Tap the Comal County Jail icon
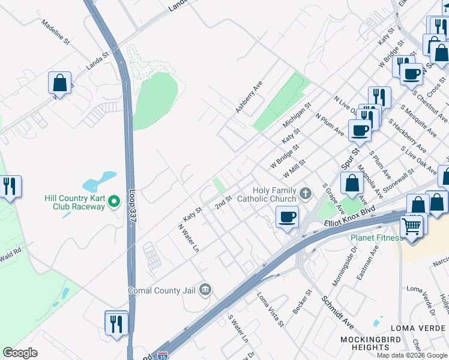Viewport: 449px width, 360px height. (205, 290)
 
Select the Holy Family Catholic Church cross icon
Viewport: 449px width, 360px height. (306, 193)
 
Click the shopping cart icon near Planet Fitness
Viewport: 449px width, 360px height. (411, 226)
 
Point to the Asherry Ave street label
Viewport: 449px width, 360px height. (249, 98)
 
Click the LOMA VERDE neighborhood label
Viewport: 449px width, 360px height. (417, 328)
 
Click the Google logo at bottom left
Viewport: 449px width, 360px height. (20, 353)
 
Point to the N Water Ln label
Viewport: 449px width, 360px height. (188, 238)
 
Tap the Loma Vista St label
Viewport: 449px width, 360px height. (270, 309)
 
